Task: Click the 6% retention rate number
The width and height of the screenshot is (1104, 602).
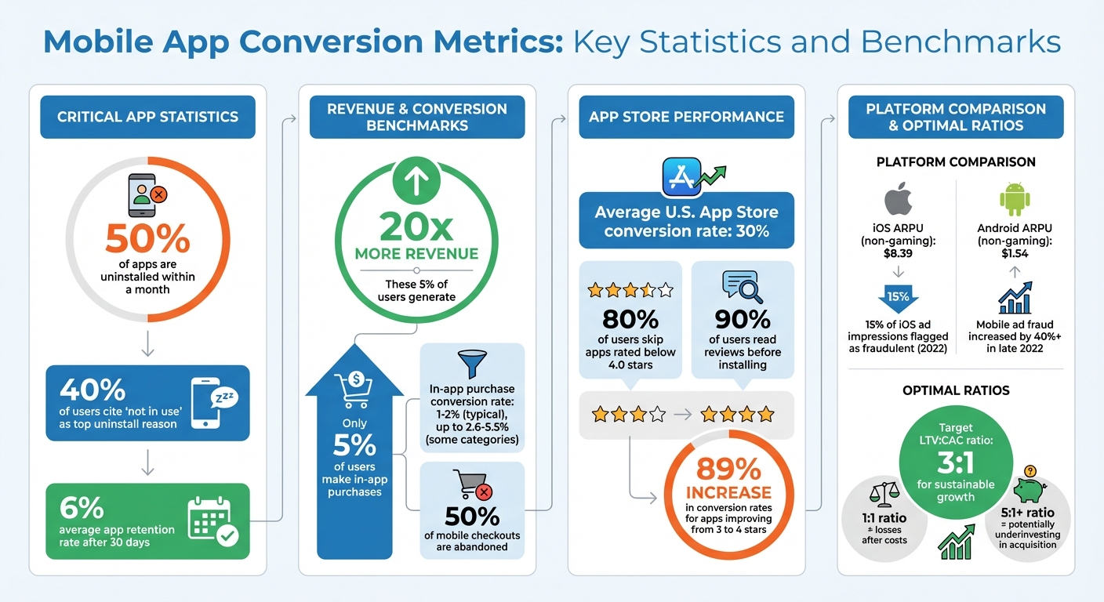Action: tap(82, 508)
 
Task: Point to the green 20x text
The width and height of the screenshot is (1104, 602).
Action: tap(416, 227)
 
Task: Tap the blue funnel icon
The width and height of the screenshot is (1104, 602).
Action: tap(472, 364)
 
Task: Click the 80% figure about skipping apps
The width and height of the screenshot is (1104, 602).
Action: tap(630, 320)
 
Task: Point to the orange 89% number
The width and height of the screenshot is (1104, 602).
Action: tap(729, 469)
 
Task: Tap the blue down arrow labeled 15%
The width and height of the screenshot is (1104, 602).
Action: tap(899, 299)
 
